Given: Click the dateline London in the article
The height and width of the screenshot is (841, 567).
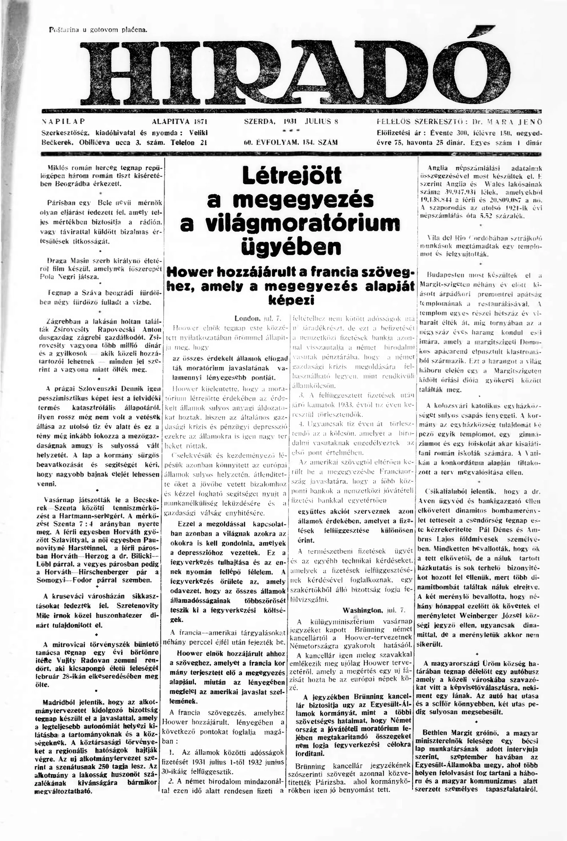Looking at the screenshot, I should tap(247, 318).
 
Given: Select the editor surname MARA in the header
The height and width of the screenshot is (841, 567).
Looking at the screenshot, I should tap(499, 122).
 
